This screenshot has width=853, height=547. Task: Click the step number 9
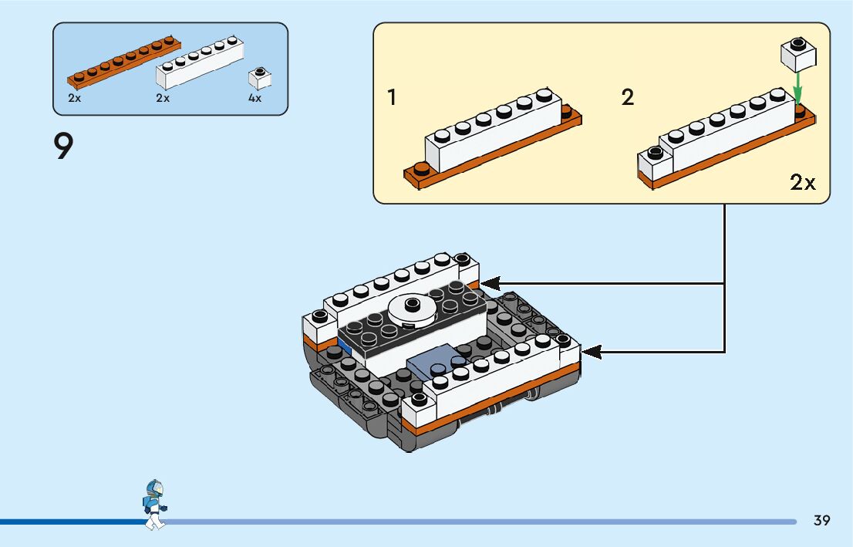pos(63,147)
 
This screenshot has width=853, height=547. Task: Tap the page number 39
pos(821,520)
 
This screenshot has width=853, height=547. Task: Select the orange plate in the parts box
pos(124,62)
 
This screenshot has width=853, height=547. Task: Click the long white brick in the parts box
pos(200,62)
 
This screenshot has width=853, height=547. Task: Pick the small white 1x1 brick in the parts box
pos(260,79)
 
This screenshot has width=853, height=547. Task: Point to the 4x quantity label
pos(255,98)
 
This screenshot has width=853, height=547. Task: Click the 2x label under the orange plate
pos(75,98)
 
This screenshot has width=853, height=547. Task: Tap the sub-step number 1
pos(391,97)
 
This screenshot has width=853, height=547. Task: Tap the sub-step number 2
pos(627,97)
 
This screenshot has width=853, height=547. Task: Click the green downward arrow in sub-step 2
pos(797,88)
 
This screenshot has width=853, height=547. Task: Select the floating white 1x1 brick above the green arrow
pos(798,55)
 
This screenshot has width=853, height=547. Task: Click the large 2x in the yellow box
pos(802,182)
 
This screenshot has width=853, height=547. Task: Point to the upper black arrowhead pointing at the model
pos(490,284)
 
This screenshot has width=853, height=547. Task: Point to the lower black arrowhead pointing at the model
pos(592,352)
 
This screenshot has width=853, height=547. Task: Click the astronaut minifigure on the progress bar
pos(155,505)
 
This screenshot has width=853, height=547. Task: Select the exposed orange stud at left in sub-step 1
pos(421,169)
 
